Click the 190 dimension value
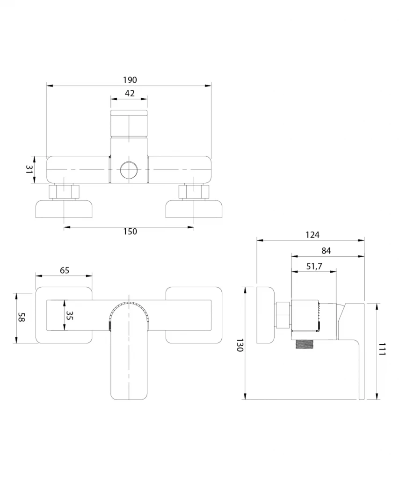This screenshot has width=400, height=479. pyautogui.click(x=130, y=80)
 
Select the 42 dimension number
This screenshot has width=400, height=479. pyautogui.click(x=130, y=93)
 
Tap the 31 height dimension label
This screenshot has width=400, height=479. pyautogui.click(x=29, y=169)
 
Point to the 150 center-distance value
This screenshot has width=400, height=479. pyautogui.click(x=130, y=232)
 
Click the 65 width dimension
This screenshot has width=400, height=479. pyautogui.click(x=65, y=270)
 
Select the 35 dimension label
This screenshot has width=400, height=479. pyautogui.click(x=70, y=316)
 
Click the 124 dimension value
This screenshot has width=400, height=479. pyautogui.click(x=313, y=235)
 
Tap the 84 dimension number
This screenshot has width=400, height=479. pyautogui.click(x=326, y=251)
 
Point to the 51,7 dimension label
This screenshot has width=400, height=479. pyautogui.click(x=314, y=266)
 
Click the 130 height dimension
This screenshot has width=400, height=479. pyautogui.click(x=240, y=345)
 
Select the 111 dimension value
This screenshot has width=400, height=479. pyautogui.click(x=382, y=349)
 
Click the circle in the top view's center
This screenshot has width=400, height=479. pyautogui.click(x=129, y=170)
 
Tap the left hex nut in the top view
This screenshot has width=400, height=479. pyautogui.click(x=64, y=192)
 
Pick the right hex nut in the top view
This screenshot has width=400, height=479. pyautogui.click(x=194, y=192)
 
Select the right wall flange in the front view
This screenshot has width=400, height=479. pyautogui.click(x=194, y=315)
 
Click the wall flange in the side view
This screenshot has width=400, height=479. pyautogui.click(x=266, y=315)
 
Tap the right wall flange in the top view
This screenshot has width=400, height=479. pyautogui.click(x=194, y=209)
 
